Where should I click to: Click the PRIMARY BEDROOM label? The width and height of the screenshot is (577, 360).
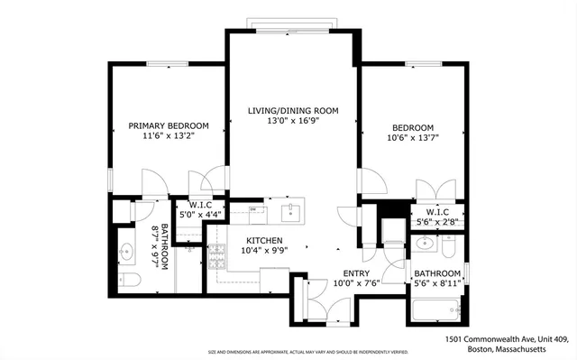pyautogui.click(x=169, y=125)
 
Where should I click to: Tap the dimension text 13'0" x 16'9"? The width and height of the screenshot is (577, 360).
pyautogui.click(x=293, y=121)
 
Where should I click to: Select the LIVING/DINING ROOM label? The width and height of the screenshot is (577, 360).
pyautogui.click(x=293, y=110)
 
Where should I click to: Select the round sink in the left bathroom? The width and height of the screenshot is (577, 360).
pyautogui.click(x=125, y=253)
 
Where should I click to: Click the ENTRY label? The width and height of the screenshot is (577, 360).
pyautogui.click(x=355, y=272)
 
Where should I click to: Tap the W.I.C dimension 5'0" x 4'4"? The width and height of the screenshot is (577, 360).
pyautogui.click(x=199, y=215)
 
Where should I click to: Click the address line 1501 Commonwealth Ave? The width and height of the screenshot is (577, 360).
pyautogui.click(x=507, y=338)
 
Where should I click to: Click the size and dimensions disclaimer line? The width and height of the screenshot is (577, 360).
pyautogui.click(x=307, y=352)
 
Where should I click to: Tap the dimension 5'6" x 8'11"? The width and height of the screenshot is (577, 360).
pyautogui.click(x=437, y=283)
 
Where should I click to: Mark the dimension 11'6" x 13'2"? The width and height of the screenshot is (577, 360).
pyautogui.click(x=169, y=136)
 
